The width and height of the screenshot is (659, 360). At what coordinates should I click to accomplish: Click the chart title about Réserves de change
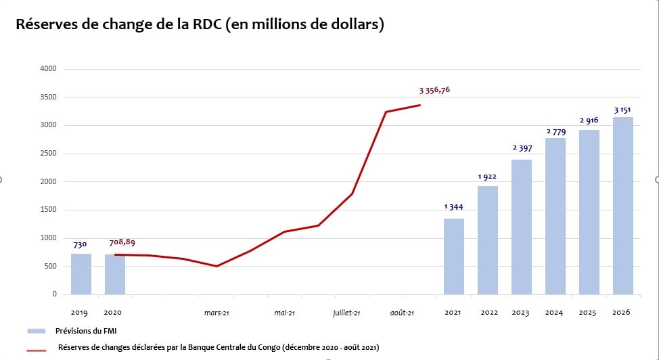pos(200,24)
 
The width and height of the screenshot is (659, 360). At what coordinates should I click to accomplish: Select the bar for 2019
pos(81,274)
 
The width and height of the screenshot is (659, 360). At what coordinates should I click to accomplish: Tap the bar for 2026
pos(622,206)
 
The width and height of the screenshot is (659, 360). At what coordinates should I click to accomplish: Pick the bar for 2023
pos(522,227)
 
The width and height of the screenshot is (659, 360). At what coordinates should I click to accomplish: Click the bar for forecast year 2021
pos(454,256)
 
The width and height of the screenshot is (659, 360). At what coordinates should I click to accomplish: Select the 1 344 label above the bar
pos(454,207)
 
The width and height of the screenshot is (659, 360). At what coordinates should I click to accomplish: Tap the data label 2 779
pos(555,131)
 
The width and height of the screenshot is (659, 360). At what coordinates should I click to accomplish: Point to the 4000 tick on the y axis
pos(48,69)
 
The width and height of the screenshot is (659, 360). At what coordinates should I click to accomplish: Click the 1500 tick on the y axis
pos(48,210)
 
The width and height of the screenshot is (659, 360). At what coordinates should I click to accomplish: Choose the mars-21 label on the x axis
pos(217,313)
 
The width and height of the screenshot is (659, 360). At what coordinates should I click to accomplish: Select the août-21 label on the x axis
pos(402,313)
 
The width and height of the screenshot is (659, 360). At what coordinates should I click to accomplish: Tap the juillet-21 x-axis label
pos(346,313)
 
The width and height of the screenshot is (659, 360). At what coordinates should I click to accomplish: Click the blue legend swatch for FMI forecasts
pos(37,331)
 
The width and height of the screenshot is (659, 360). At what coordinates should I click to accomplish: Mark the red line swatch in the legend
pos(37,350)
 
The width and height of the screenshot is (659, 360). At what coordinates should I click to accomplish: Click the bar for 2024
pos(555,216)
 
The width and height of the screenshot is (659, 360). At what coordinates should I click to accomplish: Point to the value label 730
pos(81,244)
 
